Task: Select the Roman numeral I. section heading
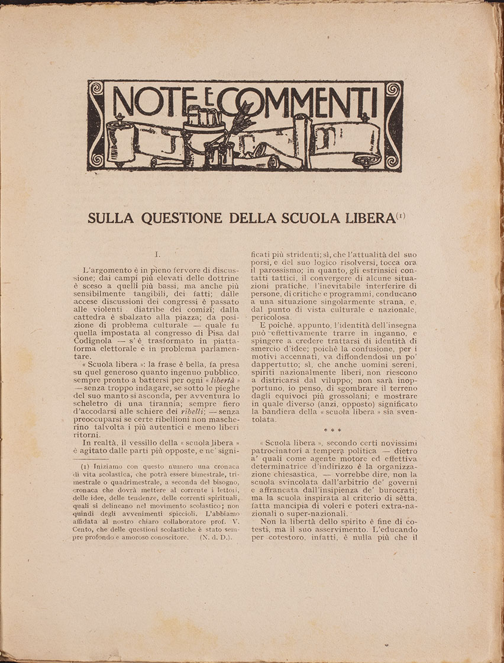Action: click(x=157, y=255)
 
